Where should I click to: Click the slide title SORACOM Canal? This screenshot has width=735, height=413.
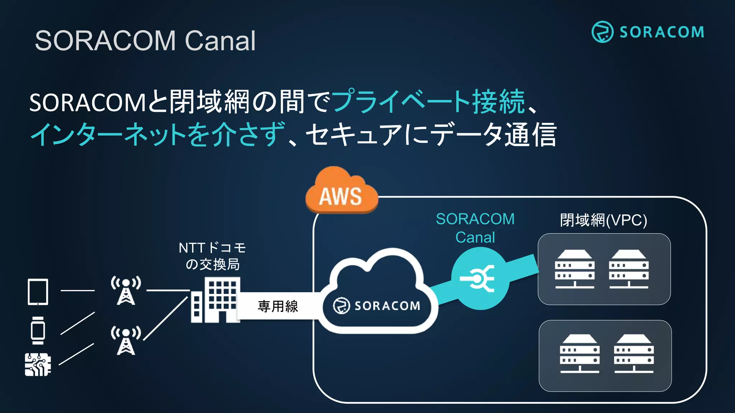tap(145, 41)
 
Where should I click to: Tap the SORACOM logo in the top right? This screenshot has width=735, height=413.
tap(648, 32)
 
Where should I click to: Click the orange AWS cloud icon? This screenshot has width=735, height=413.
tap(341, 192)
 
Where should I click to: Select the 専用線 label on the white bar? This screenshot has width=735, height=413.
tap(278, 306)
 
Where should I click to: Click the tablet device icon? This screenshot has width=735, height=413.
tap(38, 292)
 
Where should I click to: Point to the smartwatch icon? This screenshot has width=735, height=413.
tap(38, 331)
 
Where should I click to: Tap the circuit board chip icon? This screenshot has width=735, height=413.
tap(38, 365)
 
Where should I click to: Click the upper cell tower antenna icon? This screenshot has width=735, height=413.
tap(126, 290)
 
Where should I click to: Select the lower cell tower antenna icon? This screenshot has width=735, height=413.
tap(126, 341)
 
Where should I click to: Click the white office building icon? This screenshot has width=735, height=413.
tap(216, 300)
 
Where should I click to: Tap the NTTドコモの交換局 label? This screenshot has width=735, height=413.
tap(212, 256)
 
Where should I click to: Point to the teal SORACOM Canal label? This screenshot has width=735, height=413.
tap(475, 228)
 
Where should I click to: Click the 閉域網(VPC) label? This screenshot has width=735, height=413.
tap(604, 220)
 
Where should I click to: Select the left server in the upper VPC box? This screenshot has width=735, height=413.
tap(575, 269)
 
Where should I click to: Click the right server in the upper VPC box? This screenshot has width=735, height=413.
tap(629, 269)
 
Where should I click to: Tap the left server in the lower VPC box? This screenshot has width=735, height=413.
tap(580, 354)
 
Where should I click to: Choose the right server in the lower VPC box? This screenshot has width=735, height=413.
tap(634, 354)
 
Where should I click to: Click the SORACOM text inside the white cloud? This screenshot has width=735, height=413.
tap(387, 306)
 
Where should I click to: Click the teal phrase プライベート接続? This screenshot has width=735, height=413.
tap(429, 102)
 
